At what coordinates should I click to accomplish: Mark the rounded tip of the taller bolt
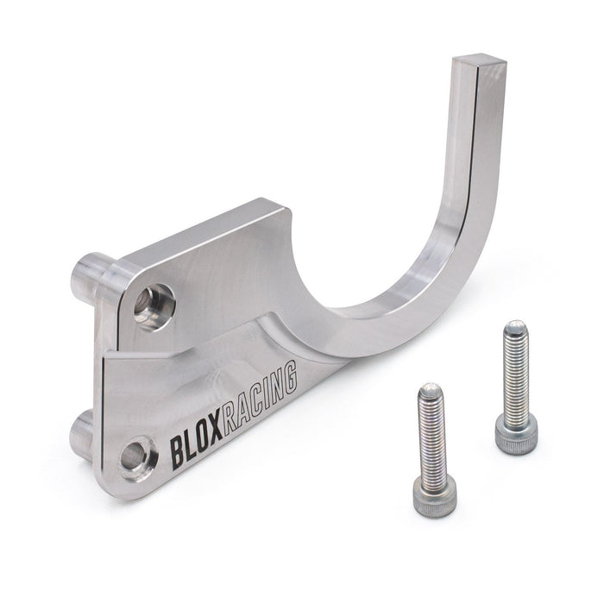[515, 326]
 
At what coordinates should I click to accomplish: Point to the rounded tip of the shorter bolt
[430, 391]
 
